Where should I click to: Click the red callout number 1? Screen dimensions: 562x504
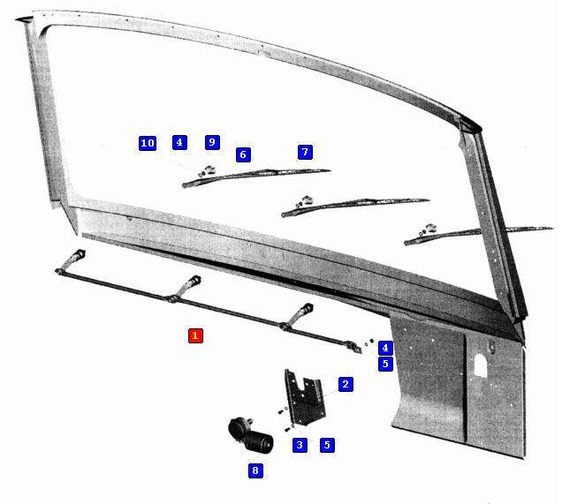click(x=195, y=335)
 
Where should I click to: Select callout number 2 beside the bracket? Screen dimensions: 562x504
click(x=346, y=384)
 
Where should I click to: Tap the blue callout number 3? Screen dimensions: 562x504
click(x=300, y=445)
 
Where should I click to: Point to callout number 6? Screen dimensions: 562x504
click(x=243, y=154)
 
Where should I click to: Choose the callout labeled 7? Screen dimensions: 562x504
click(x=305, y=152)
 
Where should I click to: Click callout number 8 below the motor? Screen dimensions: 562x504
click(x=255, y=470)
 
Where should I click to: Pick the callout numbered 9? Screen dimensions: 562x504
click(x=212, y=142)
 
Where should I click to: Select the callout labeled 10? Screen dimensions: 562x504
click(x=148, y=143)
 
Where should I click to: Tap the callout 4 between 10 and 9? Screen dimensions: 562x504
click(x=179, y=142)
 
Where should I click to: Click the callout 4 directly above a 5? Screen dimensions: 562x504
click(x=385, y=348)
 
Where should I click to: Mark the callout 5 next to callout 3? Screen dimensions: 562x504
click(x=327, y=445)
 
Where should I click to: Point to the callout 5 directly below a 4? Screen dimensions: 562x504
click(x=385, y=364)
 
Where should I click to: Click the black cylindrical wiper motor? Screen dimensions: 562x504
click(x=251, y=435)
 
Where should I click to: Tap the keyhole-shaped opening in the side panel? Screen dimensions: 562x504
click(x=481, y=365)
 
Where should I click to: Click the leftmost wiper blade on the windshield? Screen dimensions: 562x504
click(x=256, y=177)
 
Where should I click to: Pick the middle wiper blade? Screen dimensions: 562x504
click(x=355, y=207)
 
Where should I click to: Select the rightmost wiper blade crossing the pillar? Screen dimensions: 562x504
click(x=478, y=235)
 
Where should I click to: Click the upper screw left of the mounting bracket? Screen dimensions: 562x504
click(x=281, y=412)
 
